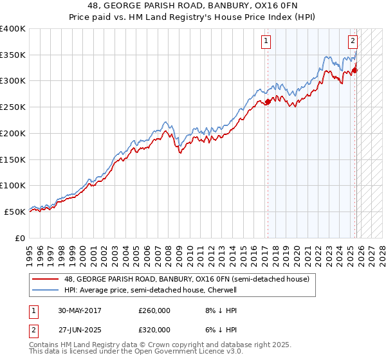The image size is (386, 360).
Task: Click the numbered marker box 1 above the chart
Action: tap(266, 42)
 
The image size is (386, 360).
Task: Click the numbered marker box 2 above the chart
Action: tap(353, 42)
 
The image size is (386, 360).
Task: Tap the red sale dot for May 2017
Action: tap(268, 102)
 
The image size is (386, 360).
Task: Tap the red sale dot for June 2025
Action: tap(355, 70)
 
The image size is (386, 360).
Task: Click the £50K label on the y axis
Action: tap(15, 212)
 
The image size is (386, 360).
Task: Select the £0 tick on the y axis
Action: tap(21, 238)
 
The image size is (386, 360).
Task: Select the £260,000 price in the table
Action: tap(154, 310)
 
